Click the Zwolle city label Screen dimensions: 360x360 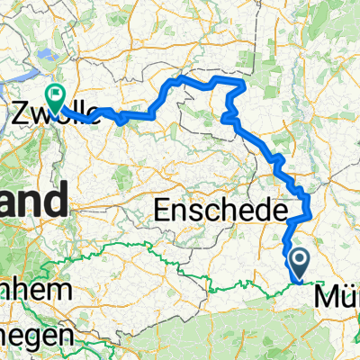49,112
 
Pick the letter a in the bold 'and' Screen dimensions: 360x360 8,202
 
